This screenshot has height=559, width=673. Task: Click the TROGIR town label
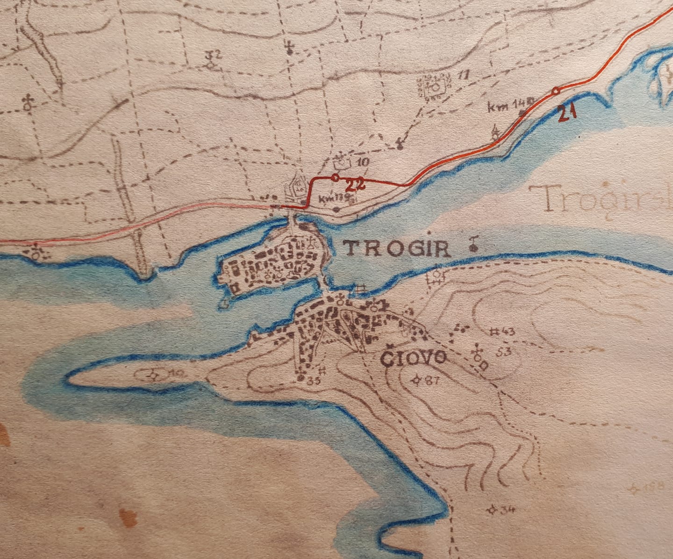coord(397,249)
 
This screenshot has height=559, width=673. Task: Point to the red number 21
coord(566,113)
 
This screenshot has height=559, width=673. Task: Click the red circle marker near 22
coord(335,178)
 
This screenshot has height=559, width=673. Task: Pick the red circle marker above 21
coord(555,91)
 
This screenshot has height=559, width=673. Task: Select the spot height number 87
coord(431,381)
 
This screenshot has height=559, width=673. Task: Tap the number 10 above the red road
coord(363,162)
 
